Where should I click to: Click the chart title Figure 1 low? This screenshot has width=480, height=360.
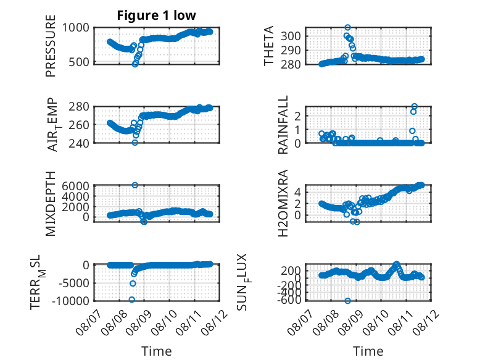tap(156, 15)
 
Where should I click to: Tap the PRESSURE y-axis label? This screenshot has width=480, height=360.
tap(51, 46)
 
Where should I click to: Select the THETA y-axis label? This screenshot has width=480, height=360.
tap(268, 46)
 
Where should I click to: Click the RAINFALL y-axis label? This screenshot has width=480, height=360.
tap(283, 125)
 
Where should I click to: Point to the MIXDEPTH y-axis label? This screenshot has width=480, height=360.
tap(51, 204)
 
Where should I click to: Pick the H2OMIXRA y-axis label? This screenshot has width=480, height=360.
tap(283, 203)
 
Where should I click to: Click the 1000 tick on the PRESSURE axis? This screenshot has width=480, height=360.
tap(76, 28)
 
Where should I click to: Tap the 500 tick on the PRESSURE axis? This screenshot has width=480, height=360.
tap(79, 62)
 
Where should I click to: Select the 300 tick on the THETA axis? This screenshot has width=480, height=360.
tap(291, 36)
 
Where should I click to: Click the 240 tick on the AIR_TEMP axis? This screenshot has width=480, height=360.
tap(79, 143)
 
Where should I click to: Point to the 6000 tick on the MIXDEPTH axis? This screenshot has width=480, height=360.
tap(75, 186)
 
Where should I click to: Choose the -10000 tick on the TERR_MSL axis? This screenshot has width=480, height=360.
tap(70, 301)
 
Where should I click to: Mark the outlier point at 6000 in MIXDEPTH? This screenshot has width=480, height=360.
tap(134, 185)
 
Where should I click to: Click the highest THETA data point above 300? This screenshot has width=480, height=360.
tap(347, 27)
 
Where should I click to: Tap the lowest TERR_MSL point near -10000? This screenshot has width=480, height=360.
tap(132, 299)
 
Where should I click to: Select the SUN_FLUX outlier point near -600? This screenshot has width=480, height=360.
tap(347, 301)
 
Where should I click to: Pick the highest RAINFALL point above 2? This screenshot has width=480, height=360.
tap(414, 106)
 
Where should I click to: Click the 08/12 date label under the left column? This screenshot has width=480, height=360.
tap(214, 322)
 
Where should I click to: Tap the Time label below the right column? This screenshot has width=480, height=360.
tap(368, 351)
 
